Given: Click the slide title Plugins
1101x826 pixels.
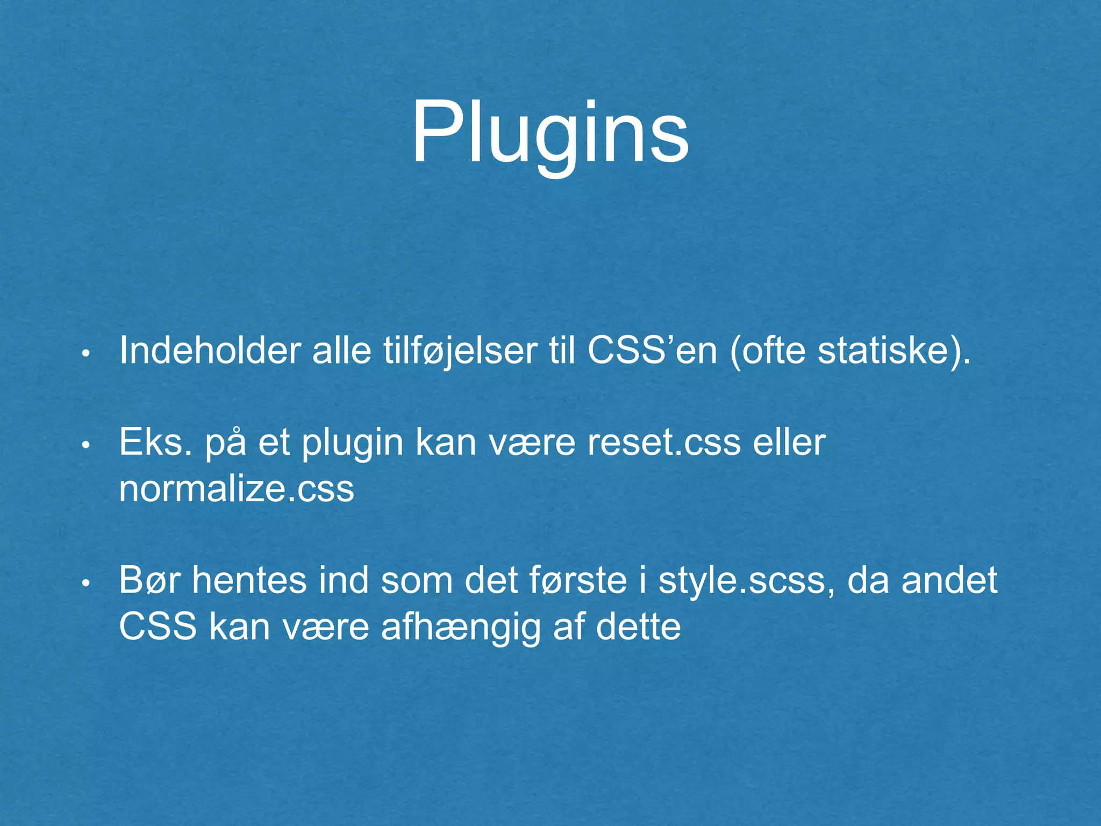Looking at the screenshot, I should pyautogui.click(x=550, y=134).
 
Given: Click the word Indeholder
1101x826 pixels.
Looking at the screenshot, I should pyautogui.click(x=210, y=351).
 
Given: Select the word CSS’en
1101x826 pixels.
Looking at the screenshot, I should pyautogui.click(x=652, y=351).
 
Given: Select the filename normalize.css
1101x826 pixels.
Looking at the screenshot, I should pyautogui.click(x=237, y=489).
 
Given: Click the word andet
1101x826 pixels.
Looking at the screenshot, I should pyautogui.click(x=949, y=581).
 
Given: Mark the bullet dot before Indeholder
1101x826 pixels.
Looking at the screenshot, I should pyautogui.click(x=85, y=354).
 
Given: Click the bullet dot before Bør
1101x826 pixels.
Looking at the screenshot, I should pyautogui.click(x=85, y=584).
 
